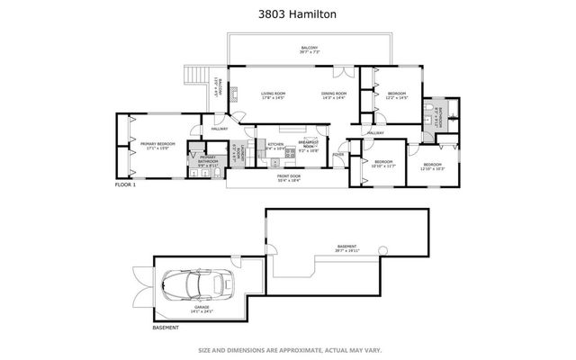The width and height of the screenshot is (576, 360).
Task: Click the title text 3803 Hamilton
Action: click(x=287, y=14)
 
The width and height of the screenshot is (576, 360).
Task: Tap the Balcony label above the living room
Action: click(x=310, y=49)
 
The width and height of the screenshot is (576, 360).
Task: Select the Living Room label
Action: click(x=273, y=94)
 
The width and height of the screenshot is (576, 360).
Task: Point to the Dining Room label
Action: click(x=334, y=94)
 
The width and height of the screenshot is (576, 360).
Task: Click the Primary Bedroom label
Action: click(x=155, y=147)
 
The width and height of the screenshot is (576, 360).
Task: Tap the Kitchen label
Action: click(x=275, y=146)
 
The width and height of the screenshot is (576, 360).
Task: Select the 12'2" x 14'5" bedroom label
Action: click(x=397, y=94)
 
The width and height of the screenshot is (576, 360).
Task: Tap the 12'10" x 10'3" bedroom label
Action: click(x=433, y=166)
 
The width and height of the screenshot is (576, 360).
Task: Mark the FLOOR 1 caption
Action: click(x=125, y=184)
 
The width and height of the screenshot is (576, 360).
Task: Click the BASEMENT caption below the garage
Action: click(x=139, y=328)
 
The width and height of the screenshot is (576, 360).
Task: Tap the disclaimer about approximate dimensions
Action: click(x=287, y=349)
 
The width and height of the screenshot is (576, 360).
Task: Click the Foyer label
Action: click(x=337, y=154)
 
